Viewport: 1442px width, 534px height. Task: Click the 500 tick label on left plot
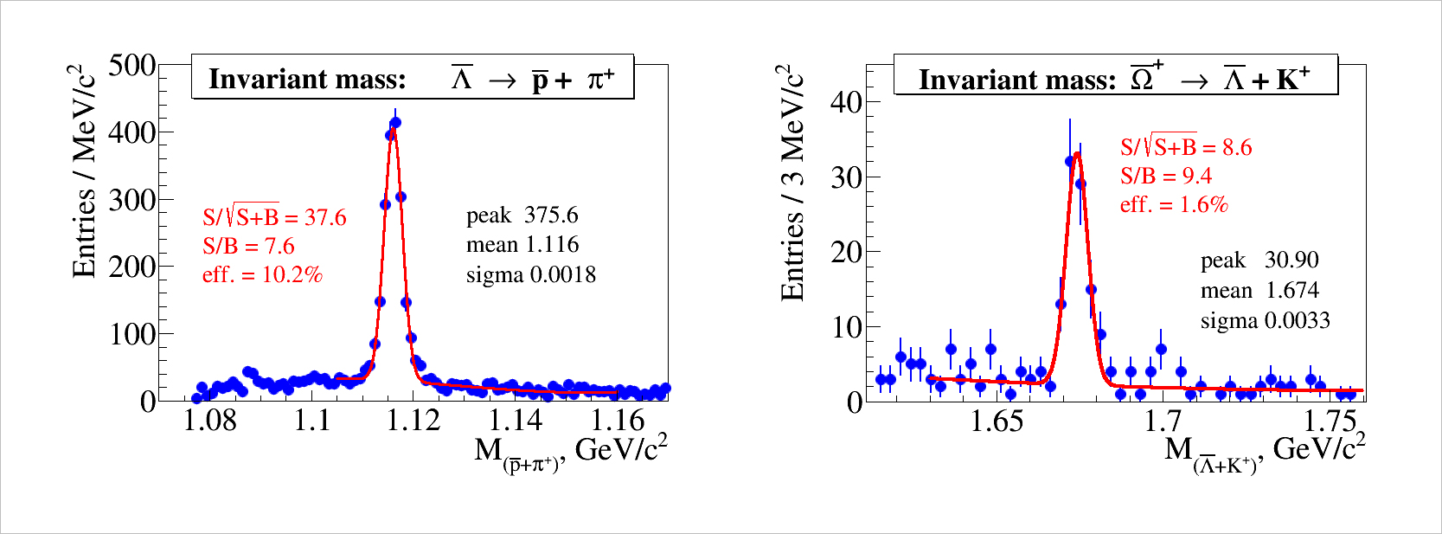pyautogui.click(x=131, y=66)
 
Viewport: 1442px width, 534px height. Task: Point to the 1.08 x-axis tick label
pyautogui.click(x=210, y=421)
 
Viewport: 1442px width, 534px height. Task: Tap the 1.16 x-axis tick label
pyautogui.click(x=618, y=421)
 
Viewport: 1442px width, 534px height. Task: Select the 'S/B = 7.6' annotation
pyautogui.click(x=248, y=247)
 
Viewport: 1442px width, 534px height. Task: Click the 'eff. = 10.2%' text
pyautogui.click(x=262, y=275)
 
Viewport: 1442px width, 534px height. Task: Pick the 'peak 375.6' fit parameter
pyautogui.click(x=522, y=216)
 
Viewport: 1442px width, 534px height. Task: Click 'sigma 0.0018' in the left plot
pyautogui.click(x=530, y=275)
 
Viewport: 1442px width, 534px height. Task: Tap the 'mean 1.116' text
pyautogui.click(x=522, y=245)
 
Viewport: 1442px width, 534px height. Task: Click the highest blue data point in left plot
pyautogui.click(x=395, y=123)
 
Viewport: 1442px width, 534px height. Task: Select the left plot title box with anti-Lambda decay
pyautogui.click(x=413, y=79)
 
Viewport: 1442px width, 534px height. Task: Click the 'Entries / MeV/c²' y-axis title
pyautogui.click(x=84, y=170)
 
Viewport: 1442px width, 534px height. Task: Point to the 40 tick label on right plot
pyautogui.click(x=846, y=102)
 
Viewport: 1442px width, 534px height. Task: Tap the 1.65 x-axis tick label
pyautogui.click(x=997, y=421)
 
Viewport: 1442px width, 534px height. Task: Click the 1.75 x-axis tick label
pyautogui.click(x=1330, y=421)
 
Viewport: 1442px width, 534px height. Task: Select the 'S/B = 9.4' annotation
pyautogui.click(x=1165, y=177)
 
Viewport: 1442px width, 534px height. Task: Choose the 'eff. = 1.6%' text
pyautogui.click(x=1174, y=205)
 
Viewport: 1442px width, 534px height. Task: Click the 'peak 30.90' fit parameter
pyautogui.click(x=1259, y=261)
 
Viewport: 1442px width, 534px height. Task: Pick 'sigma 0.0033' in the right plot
pyautogui.click(x=1265, y=321)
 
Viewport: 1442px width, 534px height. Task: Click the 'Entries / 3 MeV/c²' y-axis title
pyautogui.click(x=792, y=182)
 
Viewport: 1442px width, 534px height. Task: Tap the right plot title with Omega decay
pyautogui.click(x=1115, y=79)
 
